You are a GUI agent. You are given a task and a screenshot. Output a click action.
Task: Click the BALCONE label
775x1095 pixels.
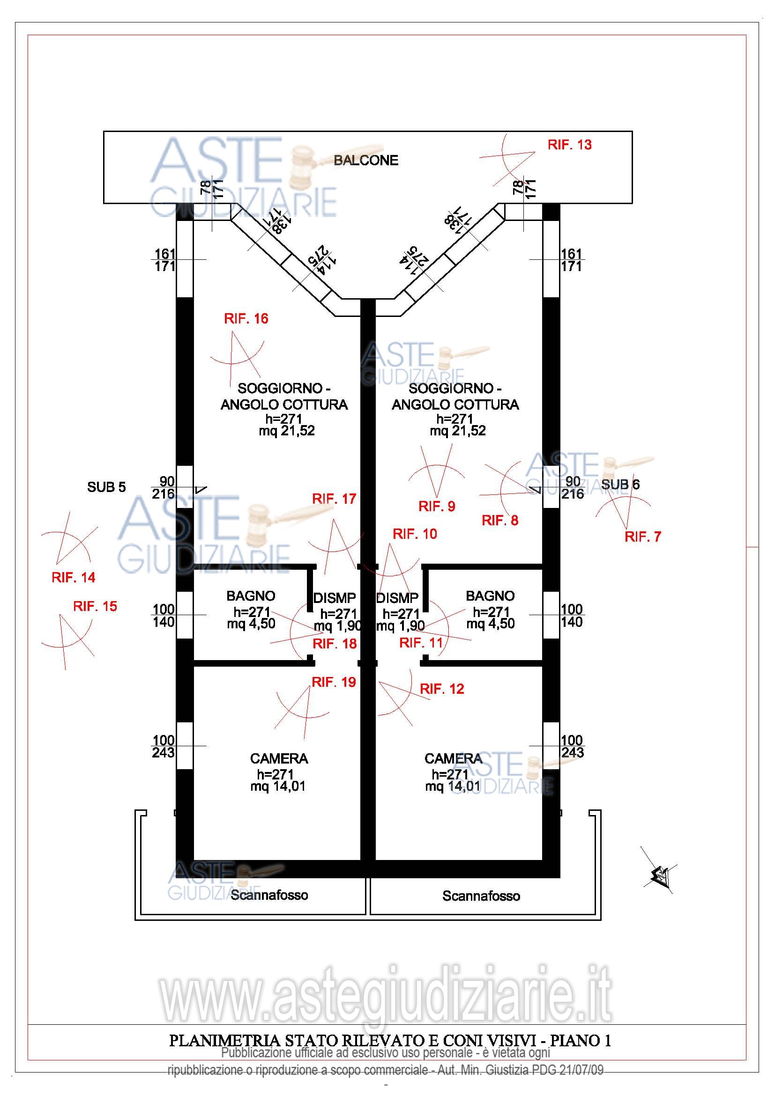coord(365,160)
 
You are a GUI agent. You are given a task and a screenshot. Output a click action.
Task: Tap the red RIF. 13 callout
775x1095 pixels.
coord(569,145)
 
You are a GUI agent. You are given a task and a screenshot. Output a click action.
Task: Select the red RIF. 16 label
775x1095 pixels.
coord(246,319)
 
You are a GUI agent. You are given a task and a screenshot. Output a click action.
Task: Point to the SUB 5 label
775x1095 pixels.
coord(106,487)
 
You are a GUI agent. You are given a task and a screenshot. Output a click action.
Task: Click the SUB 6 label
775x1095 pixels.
coord(620,485)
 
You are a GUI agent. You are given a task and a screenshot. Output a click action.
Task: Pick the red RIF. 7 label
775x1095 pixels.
coord(642,536)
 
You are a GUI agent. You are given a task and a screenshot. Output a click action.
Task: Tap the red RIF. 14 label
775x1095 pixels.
coord(73,578)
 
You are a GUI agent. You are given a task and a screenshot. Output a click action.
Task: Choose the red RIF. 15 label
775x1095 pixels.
coord(95,606)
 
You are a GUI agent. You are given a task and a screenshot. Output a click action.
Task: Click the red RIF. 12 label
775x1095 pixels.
coord(441,689)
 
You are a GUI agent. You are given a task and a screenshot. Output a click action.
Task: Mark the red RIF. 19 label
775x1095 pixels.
coord(334,682)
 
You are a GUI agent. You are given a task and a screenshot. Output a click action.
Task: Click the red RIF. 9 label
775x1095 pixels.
coord(437,506)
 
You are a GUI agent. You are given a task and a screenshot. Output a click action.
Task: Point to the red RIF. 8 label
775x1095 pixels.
coord(499,520)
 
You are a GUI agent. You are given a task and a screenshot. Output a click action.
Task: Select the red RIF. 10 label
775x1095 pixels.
coord(415,534)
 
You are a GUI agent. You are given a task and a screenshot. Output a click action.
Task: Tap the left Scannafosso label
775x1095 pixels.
coord(269,895)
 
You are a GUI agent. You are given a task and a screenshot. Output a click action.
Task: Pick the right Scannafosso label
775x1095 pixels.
coord(481,896)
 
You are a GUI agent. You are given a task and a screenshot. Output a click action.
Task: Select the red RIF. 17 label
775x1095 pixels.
coord(334,499)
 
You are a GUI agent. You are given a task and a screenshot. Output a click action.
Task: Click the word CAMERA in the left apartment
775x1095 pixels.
coord(279,758)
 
